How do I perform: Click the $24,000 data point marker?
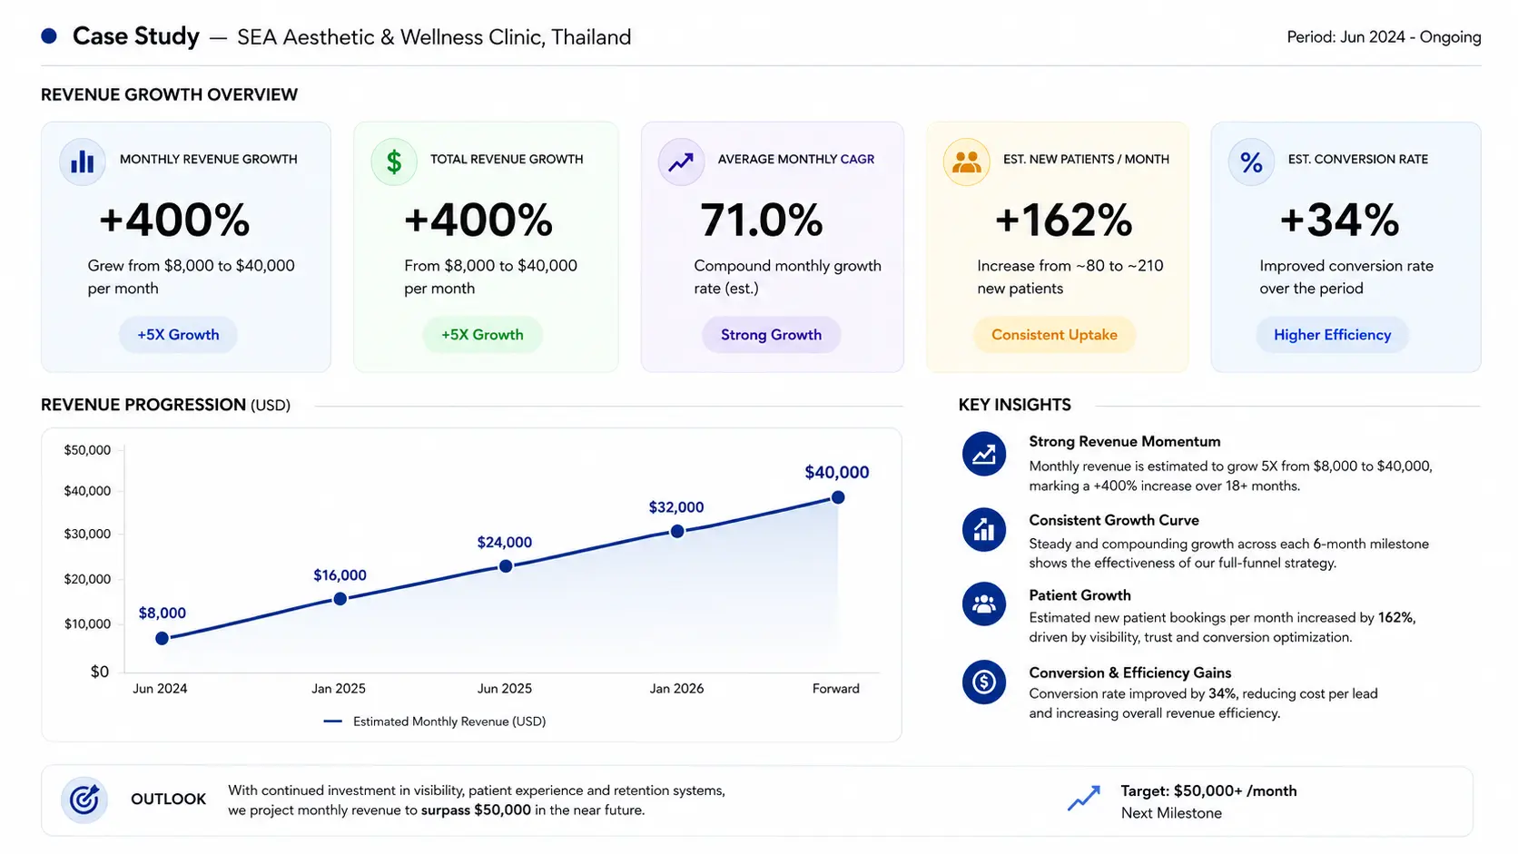click(x=506, y=566)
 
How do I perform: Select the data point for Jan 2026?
click(x=677, y=532)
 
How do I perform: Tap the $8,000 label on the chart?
click(x=162, y=613)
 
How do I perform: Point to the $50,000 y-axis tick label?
click(x=87, y=450)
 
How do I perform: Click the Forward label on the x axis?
click(x=835, y=689)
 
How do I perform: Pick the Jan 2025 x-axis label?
click(x=338, y=689)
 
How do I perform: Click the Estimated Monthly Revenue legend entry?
click(x=434, y=721)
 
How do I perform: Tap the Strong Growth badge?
click(x=771, y=335)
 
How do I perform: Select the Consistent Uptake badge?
click(x=1054, y=335)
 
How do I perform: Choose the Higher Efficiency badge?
click(x=1332, y=335)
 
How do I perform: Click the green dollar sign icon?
click(x=394, y=162)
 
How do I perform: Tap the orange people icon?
click(x=966, y=162)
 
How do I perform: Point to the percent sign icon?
click(x=1251, y=162)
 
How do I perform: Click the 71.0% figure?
click(x=761, y=221)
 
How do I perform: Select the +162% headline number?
click(x=1063, y=221)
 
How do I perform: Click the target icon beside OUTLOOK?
click(x=84, y=800)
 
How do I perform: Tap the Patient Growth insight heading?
click(x=1079, y=595)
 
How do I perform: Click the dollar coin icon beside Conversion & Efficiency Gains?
click(x=984, y=682)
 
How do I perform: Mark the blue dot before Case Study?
click(x=49, y=36)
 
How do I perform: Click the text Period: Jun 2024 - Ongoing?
click(x=1384, y=37)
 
